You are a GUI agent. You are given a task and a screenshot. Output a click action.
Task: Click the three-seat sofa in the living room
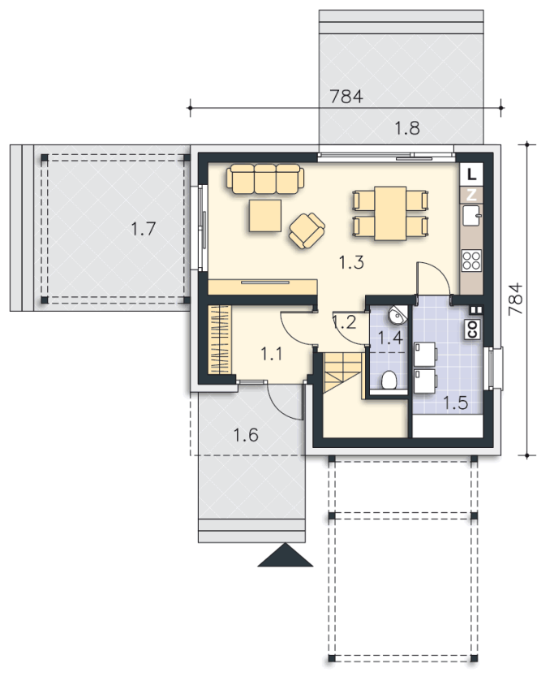265,179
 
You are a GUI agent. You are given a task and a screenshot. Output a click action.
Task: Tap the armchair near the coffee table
307,230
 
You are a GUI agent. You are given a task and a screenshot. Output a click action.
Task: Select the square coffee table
265,215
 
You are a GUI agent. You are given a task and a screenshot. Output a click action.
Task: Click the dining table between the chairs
390,213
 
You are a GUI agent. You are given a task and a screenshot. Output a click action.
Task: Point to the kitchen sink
471,214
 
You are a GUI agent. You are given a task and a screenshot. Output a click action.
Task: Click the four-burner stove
471,261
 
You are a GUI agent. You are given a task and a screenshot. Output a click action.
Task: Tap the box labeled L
471,174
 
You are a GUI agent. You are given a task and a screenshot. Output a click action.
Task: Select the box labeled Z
471,195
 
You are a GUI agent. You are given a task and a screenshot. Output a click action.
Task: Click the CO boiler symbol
472,330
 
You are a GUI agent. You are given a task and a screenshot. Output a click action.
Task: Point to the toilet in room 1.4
389,380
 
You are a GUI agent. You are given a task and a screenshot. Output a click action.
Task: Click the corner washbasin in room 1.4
398,315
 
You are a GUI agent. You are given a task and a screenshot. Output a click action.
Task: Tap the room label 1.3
351,262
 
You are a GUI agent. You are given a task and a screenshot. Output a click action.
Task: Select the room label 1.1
272,353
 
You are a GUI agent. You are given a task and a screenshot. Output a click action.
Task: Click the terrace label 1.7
144,229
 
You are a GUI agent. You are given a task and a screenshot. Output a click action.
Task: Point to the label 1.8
407,128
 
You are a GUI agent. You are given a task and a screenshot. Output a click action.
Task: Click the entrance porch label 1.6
246,435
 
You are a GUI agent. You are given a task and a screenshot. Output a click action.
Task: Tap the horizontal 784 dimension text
346,97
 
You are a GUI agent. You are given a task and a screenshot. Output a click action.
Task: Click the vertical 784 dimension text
516,299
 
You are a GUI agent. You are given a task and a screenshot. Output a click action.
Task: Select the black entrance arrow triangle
285,555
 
